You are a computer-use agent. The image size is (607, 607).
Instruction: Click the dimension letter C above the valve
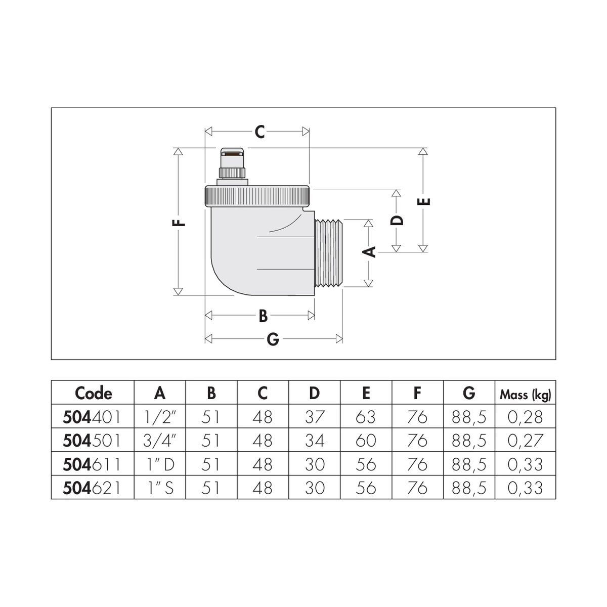tap(259, 132)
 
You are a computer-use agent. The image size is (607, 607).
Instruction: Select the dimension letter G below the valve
tap(273, 339)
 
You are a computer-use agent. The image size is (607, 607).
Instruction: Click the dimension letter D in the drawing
tap(397, 220)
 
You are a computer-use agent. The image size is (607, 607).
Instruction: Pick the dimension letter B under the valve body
tap(263, 316)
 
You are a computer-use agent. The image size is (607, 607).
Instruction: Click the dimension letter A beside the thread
tap(370, 252)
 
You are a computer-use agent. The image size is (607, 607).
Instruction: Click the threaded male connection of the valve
tap(329, 253)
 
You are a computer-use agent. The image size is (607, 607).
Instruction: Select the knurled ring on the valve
tap(258, 196)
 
